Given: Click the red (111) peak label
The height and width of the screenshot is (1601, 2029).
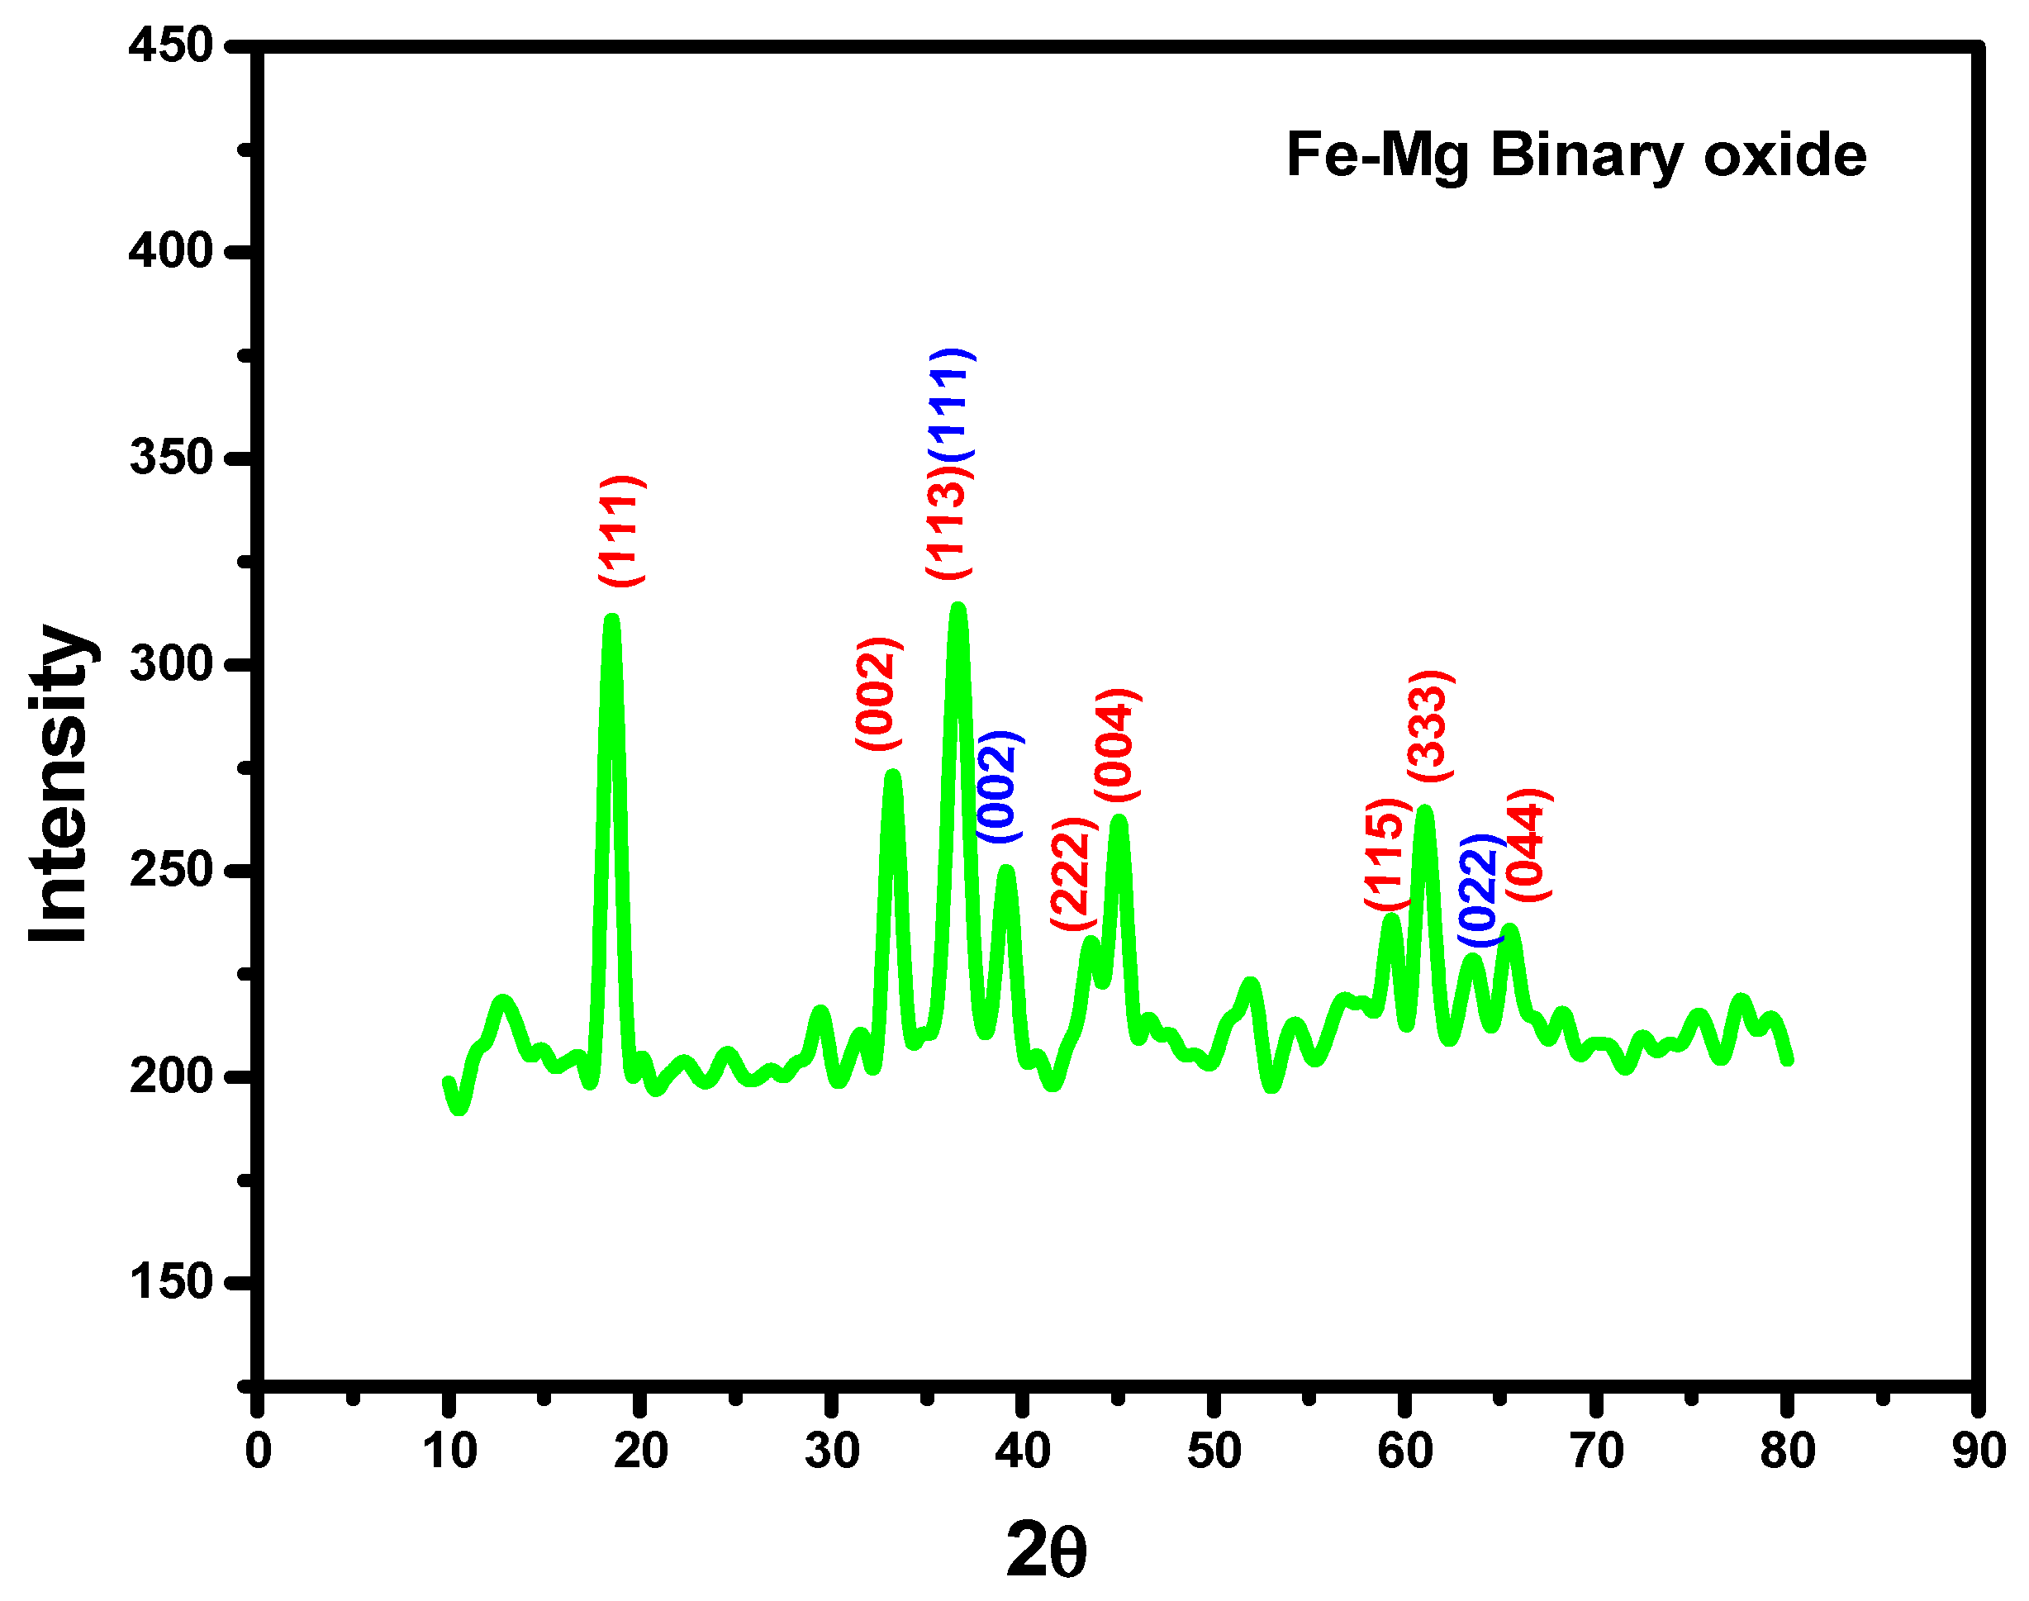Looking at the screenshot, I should [x=621, y=531].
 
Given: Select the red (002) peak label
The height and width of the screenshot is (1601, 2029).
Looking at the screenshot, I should [x=878, y=694].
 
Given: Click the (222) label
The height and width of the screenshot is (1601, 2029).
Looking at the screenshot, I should [x=1072, y=874].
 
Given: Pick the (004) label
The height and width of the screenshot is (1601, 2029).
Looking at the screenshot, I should [x=1117, y=745].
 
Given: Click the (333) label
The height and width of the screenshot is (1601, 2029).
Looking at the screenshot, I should [x=1430, y=726].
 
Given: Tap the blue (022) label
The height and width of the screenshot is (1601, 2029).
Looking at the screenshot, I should [x=1480, y=891].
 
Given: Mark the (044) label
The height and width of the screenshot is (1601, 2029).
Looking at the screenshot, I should [x=1528, y=847].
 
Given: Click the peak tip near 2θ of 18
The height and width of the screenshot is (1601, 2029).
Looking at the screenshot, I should [x=612, y=620].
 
